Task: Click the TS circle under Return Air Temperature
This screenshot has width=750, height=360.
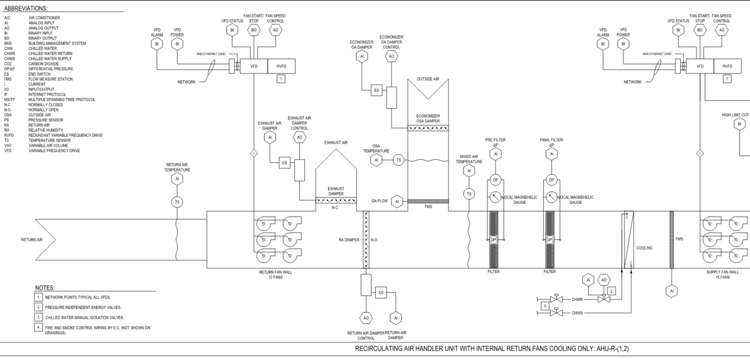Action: tap(176, 202)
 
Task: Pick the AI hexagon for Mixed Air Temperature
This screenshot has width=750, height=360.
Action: tap(469, 171)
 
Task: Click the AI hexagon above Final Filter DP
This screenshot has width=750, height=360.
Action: tap(551, 154)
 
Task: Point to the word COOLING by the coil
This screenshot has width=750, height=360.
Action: tap(644, 248)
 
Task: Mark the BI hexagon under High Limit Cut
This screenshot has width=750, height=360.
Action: tap(738, 124)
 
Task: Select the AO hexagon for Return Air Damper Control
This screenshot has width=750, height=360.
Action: tap(366, 318)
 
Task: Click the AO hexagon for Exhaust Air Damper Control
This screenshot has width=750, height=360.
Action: tap(300, 137)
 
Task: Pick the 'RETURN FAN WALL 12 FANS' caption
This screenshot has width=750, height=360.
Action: tap(275, 275)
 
